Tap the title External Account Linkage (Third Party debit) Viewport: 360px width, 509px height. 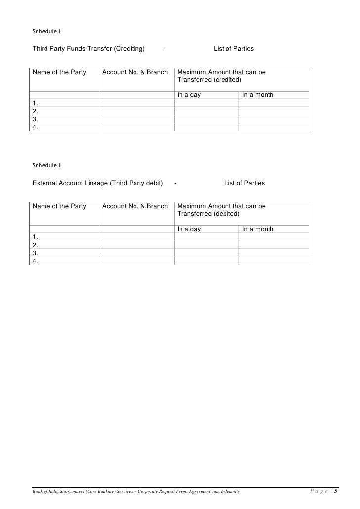pyautogui.click(x=97, y=183)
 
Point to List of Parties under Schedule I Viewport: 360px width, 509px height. pyautogui.click(x=234, y=49)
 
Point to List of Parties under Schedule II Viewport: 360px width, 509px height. pyautogui.click(x=244, y=183)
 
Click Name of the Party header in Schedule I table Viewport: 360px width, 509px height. pyautogui.click(x=59, y=72)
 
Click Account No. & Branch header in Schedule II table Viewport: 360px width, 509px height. pyautogui.click(x=135, y=206)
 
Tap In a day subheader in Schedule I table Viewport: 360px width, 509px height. pyautogui.click(x=189, y=95)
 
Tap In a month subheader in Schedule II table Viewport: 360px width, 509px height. pyautogui.click(x=258, y=229)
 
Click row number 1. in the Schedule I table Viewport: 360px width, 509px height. pyautogui.click(x=35, y=103)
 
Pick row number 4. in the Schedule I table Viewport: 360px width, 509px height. pyautogui.click(x=35, y=127)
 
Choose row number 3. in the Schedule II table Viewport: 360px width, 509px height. pyautogui.click(x=35, y=253)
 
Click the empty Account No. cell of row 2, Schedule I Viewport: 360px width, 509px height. pyautogui.click(x=136, y=111)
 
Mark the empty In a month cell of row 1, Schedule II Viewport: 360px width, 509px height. pyautogui.click(x=274, y=237)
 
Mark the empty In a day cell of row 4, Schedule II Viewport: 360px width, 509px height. pyautogui.click(x=207, y=261)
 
